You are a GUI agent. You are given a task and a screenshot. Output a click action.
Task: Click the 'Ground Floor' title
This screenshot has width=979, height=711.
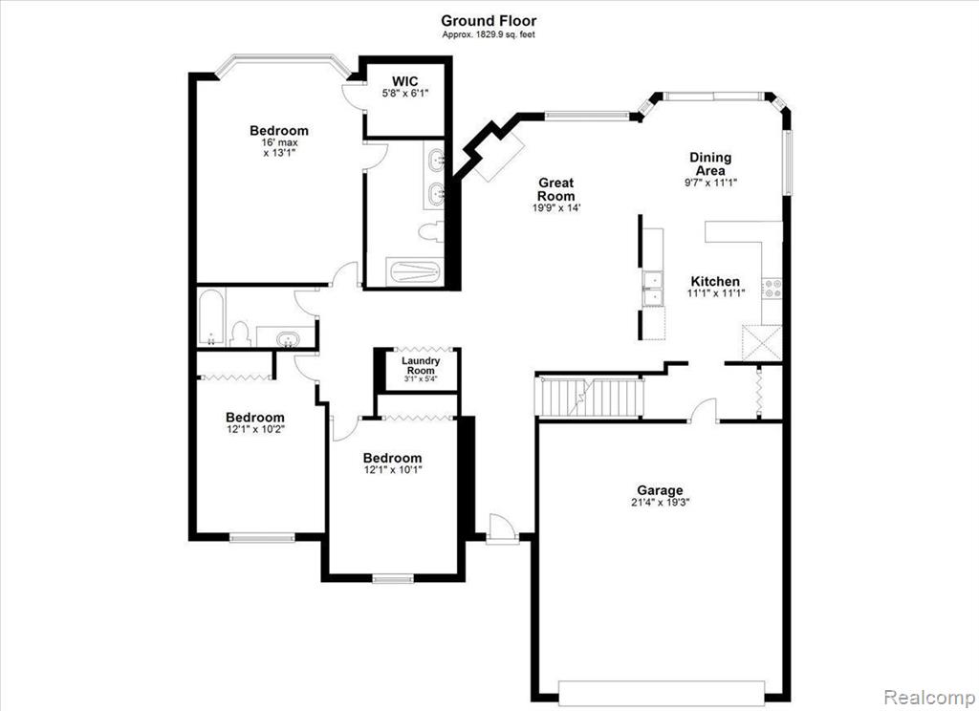tap(489, 21)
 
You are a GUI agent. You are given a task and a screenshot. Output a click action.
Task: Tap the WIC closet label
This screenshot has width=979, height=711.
tap(405, 81)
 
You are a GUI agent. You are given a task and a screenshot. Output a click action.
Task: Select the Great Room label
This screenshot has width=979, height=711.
tap(555, 189)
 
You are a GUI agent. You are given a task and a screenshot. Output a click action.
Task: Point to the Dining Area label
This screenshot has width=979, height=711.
tap(710, 163)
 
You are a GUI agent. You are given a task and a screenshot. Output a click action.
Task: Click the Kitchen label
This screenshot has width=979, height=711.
tap(715, 281)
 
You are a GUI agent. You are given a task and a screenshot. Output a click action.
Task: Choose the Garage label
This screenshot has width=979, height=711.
tap(660, 490)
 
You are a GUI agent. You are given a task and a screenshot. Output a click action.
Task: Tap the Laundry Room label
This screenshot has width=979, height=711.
tap(421, 365)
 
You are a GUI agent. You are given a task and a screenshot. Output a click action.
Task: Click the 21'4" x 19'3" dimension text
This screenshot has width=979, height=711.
tap(660, 502)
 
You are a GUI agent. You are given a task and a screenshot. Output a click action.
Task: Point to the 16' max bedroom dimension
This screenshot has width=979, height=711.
tap(279, 142)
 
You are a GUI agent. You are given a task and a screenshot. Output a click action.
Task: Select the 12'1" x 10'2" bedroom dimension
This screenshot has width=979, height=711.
tap(255, 429)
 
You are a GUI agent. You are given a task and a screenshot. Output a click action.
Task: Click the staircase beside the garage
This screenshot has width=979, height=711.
tap(591, 397)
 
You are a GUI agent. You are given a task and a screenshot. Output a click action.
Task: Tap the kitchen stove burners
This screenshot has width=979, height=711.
tap(772, 288)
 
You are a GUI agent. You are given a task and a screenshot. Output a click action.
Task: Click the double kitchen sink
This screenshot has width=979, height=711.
tap(653, 289)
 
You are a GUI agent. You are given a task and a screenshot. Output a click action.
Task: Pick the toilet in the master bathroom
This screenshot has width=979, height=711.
tap(431, 231)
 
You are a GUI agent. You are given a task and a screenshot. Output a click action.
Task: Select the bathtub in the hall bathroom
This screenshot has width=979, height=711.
tap(210, 316)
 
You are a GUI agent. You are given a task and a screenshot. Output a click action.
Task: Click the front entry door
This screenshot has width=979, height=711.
tap(502, 528)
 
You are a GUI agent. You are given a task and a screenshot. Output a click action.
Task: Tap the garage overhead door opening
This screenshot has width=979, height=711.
tap(661, 694)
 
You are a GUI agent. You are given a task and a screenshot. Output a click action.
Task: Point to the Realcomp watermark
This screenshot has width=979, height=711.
tap(930, 697)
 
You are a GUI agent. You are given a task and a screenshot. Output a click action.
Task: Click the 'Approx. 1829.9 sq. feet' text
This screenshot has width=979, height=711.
tap(489, 35)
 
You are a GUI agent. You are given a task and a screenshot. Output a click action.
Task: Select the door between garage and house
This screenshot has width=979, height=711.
tap(704, 410)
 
